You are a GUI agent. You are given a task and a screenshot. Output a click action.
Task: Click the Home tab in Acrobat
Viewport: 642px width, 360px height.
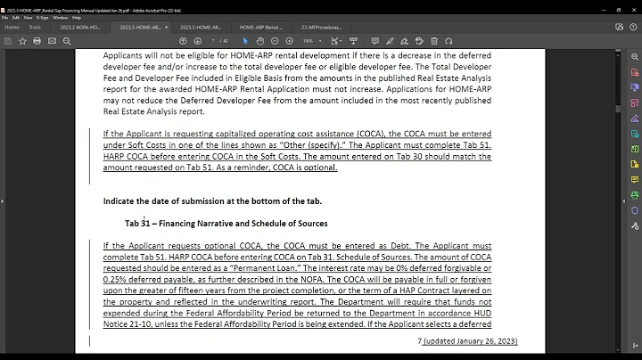coord(12,28)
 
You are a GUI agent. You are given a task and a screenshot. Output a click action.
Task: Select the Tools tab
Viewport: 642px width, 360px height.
coord(35,28)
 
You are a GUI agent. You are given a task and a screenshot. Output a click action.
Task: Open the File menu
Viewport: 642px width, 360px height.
coord(5,17)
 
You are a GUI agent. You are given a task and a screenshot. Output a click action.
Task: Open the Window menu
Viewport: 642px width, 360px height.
coord(60,17)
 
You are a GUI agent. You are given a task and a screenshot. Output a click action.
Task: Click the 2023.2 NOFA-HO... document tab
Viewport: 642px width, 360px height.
coord(79,28)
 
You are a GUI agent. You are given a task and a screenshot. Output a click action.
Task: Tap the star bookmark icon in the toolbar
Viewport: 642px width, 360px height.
coord(23,41)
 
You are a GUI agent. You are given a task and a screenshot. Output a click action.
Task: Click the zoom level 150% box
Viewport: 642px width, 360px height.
coord(309,41)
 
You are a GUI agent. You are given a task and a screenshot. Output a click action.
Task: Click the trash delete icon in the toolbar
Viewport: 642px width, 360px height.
coord(435,41)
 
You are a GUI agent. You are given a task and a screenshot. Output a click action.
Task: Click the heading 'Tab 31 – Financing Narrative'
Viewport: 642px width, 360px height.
coord(226,223)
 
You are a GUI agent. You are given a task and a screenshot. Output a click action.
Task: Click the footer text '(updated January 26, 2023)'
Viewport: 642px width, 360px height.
coord(470,341)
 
